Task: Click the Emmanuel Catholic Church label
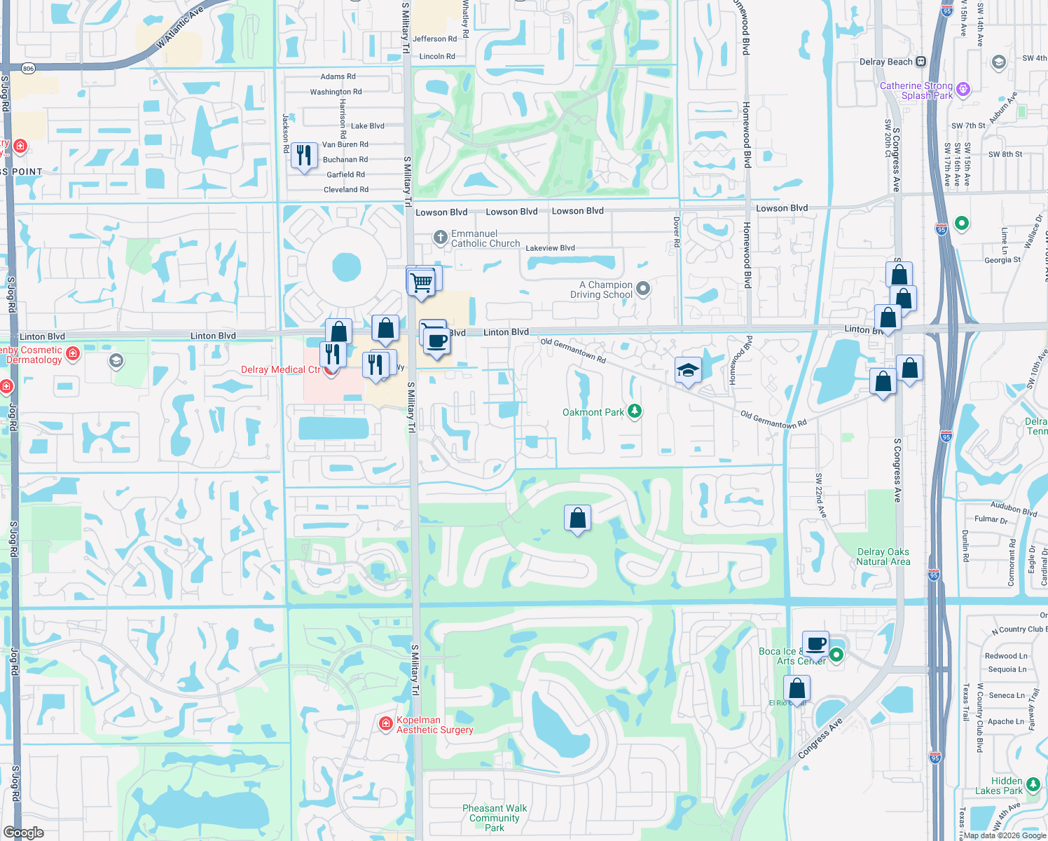click(485, 239)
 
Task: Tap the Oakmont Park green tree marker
click(635, 411)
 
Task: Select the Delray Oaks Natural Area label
click(883, 557)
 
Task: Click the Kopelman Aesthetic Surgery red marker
click(385, 724)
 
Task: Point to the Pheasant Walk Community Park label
click(495, 818)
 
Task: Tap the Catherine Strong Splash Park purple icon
click(963, 89)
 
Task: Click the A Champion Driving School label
click(601, 289)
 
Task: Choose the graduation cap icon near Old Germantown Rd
click(688, 370)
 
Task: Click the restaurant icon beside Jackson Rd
click(304, 156)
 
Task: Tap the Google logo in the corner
click(23, 833)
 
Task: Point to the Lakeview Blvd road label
click(550, 248)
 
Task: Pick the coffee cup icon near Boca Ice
click(815, 643)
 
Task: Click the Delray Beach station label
click(885, 62)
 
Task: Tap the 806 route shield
click(28, 69)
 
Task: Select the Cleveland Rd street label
click(345, 190)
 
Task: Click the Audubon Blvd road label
click(1013, 508)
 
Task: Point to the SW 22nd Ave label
click(820, 495)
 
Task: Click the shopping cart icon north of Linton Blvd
click(421, 282)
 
